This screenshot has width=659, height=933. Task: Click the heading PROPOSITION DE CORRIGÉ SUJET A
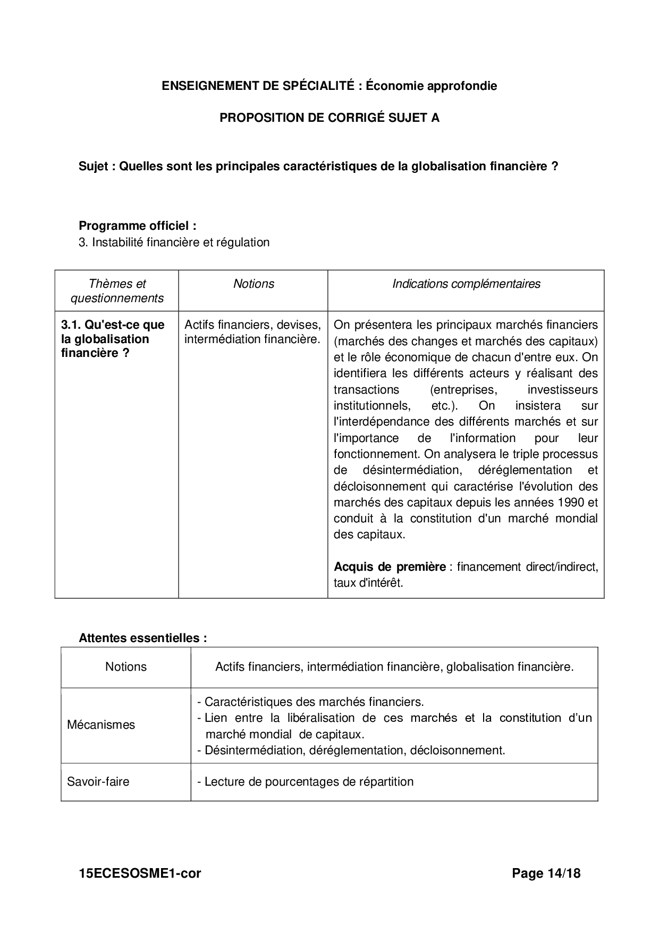329,118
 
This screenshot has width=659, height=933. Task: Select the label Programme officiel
137,226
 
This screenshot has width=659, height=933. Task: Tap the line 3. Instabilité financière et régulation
174,243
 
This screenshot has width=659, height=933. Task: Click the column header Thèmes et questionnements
117,291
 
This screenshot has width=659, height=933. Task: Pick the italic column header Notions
254,284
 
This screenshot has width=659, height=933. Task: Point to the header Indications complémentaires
466,284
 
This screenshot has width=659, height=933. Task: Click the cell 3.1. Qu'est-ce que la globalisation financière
113,339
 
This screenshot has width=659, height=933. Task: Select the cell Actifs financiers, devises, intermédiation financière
252,332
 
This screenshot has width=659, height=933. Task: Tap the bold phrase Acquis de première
390,567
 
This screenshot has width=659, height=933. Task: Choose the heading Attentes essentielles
142,638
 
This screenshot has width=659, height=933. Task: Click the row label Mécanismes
101,725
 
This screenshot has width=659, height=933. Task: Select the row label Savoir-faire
98,782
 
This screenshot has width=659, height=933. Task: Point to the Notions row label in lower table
126,667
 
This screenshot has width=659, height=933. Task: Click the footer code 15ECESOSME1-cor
140,873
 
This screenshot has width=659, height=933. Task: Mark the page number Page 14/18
546,873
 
